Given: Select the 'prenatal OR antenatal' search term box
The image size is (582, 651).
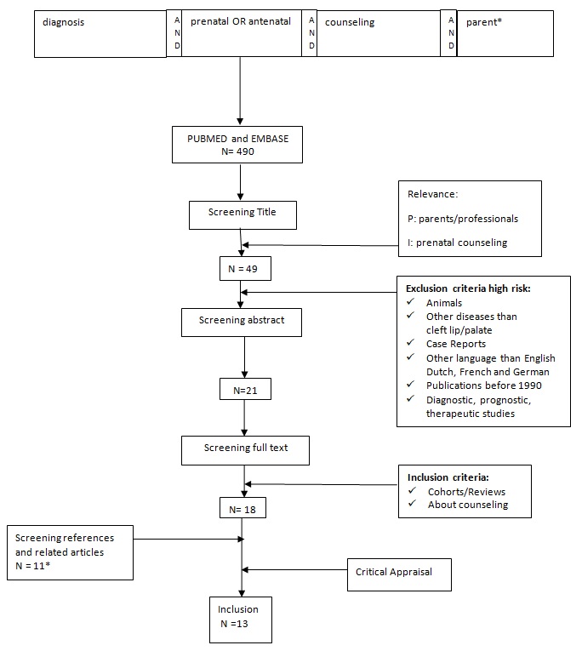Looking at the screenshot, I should pyautogui.click(x=242, y=33).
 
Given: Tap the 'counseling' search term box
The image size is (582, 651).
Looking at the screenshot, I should pyautogui.click(x=379, y=33).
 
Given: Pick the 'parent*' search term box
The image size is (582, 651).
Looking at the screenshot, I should pyautogui.click(x=505, y=33).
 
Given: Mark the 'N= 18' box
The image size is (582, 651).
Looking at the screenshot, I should pyautogui.click(x=242, y=509).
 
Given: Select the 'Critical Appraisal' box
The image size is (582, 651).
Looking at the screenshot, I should pyautogui.click(x=399, y=573).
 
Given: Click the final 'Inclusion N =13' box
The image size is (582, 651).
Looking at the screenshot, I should pyautogui.click(x=242, y=618).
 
